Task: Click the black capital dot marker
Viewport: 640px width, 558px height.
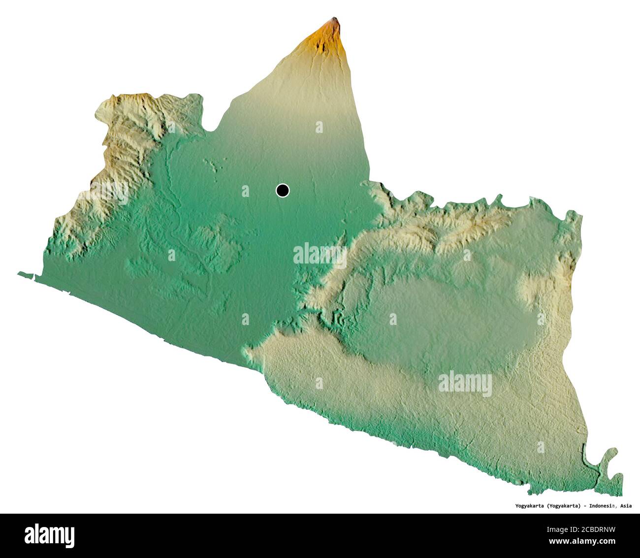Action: (x=283, y=190)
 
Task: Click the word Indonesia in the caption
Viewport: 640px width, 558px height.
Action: (x=602, y=506)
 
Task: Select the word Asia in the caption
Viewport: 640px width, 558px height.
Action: (x=626, y=506)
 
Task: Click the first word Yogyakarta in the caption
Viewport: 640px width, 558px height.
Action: (x=525, y=506)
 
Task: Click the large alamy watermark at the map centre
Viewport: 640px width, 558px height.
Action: (x=320, y=255)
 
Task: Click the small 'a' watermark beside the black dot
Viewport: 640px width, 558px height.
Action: (x=245, y=190)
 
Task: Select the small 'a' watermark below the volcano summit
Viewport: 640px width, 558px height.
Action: (x=319, y=127)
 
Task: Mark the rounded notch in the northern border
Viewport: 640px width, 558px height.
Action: (x=212, y=128)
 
